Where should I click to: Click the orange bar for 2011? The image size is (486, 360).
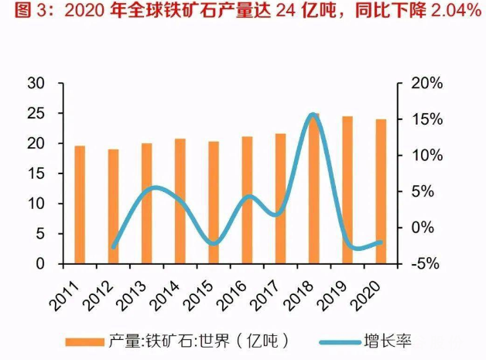(80, 205)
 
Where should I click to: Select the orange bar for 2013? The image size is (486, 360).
(147, 204)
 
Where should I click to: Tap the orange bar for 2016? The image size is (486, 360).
(247, 201)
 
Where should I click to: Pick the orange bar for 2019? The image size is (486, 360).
(347, 190)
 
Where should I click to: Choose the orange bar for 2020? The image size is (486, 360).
(381, 192)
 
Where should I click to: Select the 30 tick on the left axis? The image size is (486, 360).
(34, 84)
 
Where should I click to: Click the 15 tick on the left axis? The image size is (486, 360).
(35, 174)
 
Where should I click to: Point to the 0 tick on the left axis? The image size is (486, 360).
(39, 264)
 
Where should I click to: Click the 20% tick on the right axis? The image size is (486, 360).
(423, 84)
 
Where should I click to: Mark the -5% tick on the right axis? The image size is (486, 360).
(423, 264)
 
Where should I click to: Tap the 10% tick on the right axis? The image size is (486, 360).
(423, 156)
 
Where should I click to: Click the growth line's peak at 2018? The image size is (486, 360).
(313, 115)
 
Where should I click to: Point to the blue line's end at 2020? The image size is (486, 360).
(381, 242)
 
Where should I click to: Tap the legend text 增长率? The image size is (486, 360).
(385, 341)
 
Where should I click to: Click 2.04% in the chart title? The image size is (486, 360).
(450, 12)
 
